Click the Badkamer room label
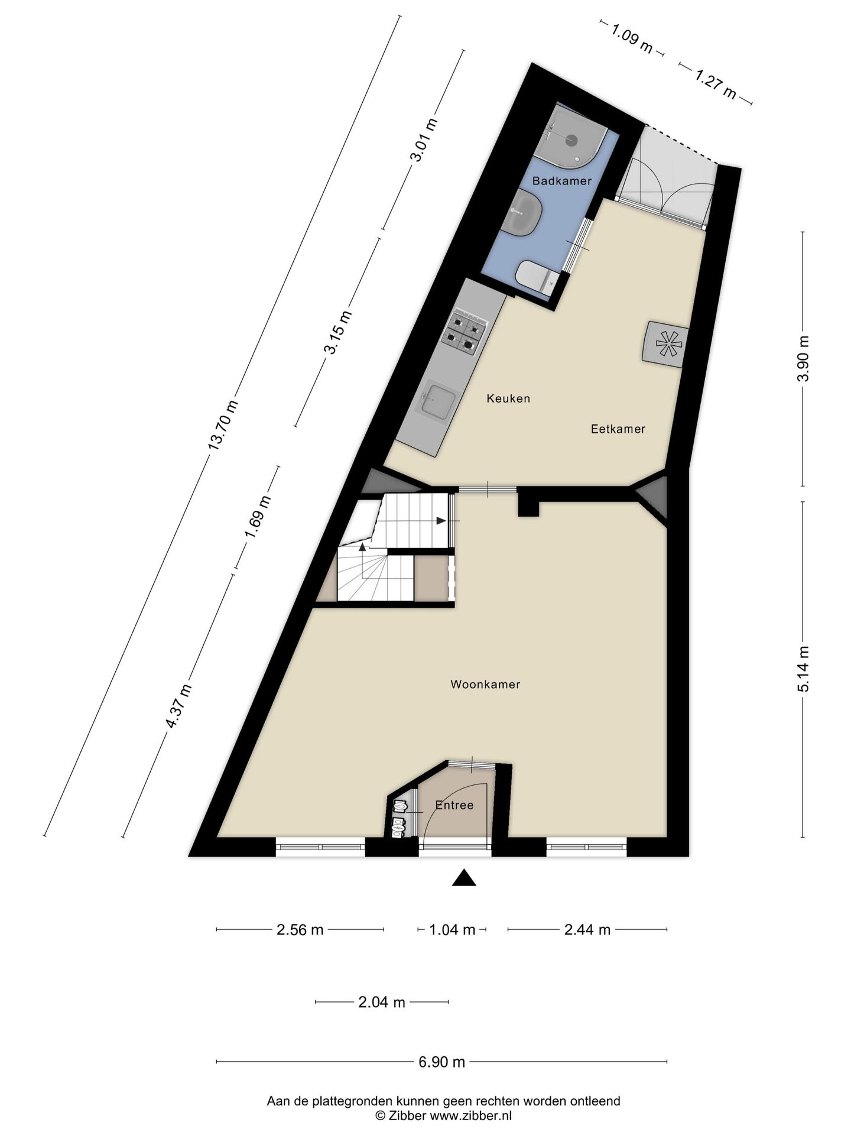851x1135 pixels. [561, 181]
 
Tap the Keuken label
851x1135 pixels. [508, 399]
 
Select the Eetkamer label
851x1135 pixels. [618, 429]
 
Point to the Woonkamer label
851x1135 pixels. [485, 685]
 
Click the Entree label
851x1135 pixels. [454, 805]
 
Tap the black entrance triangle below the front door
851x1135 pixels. [464, 878]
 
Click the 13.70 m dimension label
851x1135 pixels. [224, 426]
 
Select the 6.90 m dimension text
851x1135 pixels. [441, 1062]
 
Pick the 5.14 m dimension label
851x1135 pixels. [803, 669]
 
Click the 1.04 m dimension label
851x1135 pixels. [452, 930]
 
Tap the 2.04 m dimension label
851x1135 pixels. [382, 1002]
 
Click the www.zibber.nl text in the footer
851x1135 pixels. [470, 1115]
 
